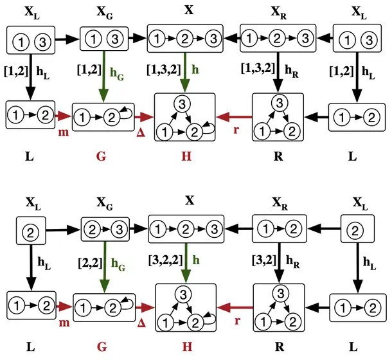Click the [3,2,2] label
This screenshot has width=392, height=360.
click(x=166, y=260)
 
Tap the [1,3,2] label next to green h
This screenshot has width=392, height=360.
click(x=163, y=69)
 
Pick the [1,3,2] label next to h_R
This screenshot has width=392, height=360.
click(x=258, y=67)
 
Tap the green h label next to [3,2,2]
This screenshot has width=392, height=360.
click(x=196, y=260)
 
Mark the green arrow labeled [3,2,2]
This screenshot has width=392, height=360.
click(x=186, y=263)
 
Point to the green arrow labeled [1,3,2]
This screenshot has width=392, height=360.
click(x=184, y=72)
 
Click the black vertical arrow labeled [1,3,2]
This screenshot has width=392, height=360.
click(x=278, y=72)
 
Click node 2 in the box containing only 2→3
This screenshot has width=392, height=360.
click(x=92, y=230)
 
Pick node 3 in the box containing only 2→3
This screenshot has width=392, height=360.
click(x=119, y=230)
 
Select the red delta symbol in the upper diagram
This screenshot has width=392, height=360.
click(x=141, y=133)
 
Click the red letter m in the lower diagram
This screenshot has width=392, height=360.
click(x=64, y=323)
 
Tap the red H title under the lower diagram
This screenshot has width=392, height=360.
click(x=187, y=346)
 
